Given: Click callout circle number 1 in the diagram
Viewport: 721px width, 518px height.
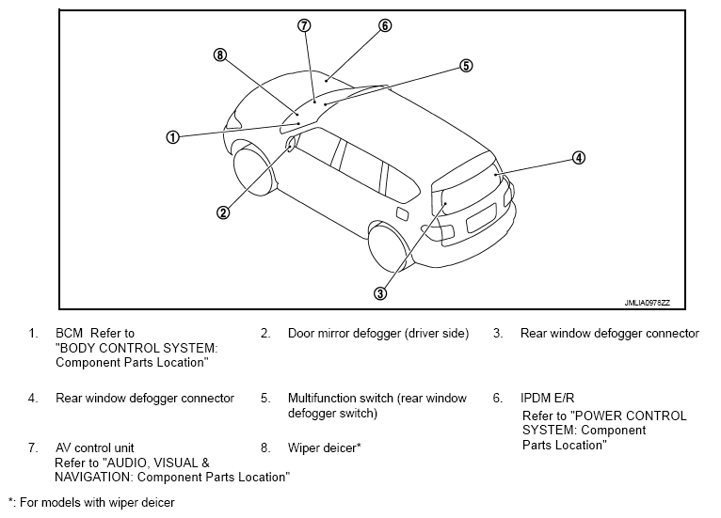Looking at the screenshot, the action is click(x=172, y=137).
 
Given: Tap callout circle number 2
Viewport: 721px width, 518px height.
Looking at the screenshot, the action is click(x=223, y=212).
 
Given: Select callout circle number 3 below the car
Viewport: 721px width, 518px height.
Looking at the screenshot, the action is click(x=380, y=293).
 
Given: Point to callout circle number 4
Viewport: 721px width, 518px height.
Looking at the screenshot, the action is click(x=579, y=158).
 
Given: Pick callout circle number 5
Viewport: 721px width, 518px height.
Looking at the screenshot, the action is click(x=466, y=66).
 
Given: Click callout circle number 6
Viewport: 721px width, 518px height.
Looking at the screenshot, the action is click(x=385, y=25).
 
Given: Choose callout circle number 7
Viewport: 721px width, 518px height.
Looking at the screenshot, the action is click(x=304, y=25).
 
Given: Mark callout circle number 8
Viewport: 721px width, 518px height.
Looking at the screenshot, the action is click(x=220, y=55).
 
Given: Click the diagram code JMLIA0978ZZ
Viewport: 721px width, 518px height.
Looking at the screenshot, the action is click(x=647, y=303).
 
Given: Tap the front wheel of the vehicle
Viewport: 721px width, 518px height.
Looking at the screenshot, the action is click(x=253, y=172).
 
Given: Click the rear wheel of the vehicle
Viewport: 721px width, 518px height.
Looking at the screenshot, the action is click(x=390, y=248).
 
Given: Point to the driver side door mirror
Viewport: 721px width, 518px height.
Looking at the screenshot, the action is click(x=291, y=143).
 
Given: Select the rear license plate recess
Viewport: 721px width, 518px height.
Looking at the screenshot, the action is click(x=481, y=218).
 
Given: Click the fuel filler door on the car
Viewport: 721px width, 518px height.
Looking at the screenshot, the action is click(x=402, y=213).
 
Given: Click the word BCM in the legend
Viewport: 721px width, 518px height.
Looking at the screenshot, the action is click(x=69, y=333).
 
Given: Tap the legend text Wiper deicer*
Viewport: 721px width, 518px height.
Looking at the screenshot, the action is click(x=324, y=447).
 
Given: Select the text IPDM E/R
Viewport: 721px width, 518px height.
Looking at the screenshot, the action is click(x=547, y=398).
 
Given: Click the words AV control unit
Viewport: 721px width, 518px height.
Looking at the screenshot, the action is click(x=95, y=447).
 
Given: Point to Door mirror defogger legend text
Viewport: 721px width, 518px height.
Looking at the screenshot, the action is click(x=378, y=334).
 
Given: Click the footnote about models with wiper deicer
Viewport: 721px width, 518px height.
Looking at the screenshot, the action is click(x=91, y=502).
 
